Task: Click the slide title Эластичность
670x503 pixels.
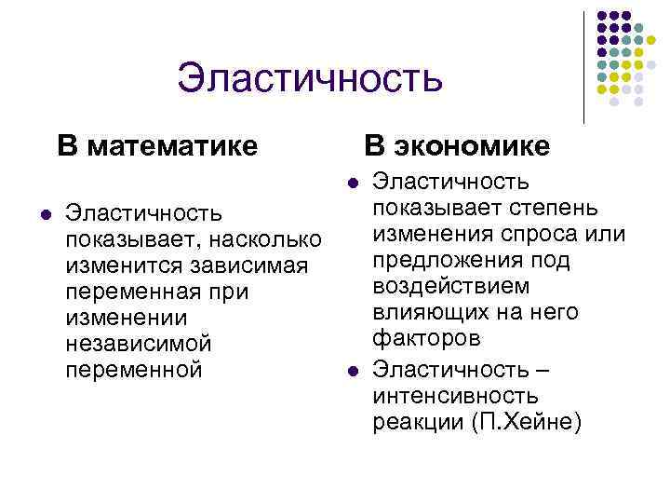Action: pos(309,77)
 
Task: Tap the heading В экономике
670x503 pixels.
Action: pos(456,146)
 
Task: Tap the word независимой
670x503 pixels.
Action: pos(139,344)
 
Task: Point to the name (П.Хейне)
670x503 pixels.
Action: pos(528,423)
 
